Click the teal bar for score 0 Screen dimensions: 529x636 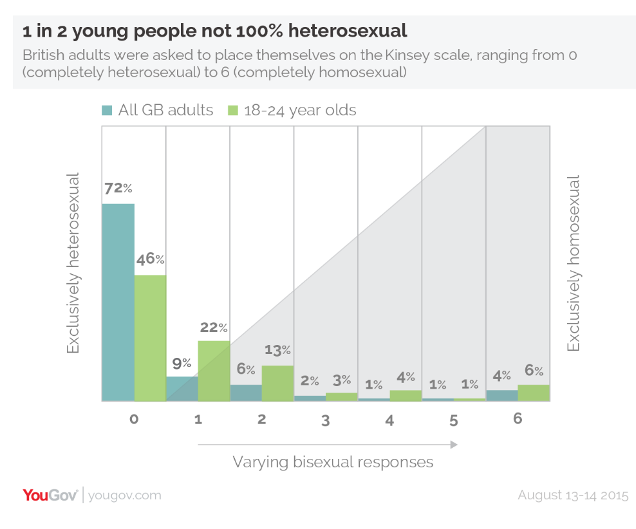(x=118, y=302)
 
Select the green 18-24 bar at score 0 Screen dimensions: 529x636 (x=150, y=338)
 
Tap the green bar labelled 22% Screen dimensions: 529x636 (x=214, y=371)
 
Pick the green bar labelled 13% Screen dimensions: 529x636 (x=277, y=384)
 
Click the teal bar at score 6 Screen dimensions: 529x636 (x=501, y=395)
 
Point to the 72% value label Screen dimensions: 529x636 (x=118, y=189)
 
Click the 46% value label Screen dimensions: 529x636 (x=150, y=260)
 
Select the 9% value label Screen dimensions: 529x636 (x=182, y=363)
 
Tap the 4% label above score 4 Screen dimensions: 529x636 (x=406, y=377)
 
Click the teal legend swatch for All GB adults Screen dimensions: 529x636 (x=108, y=110)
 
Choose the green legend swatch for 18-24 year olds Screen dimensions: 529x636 (x=233, y=110)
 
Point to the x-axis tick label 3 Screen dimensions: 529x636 (x=326, y=421)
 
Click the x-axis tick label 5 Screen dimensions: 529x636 (x=454, y=421)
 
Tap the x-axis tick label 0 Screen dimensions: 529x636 (x=134, y=420)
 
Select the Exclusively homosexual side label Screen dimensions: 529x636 (x=573, y=263)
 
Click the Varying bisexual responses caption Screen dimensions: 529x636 (x=333, y=462)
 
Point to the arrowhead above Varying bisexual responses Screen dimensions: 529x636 (x=454, y=444)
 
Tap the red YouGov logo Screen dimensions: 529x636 (x=50, y=495)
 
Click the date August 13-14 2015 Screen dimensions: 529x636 (x=572, y=496)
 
